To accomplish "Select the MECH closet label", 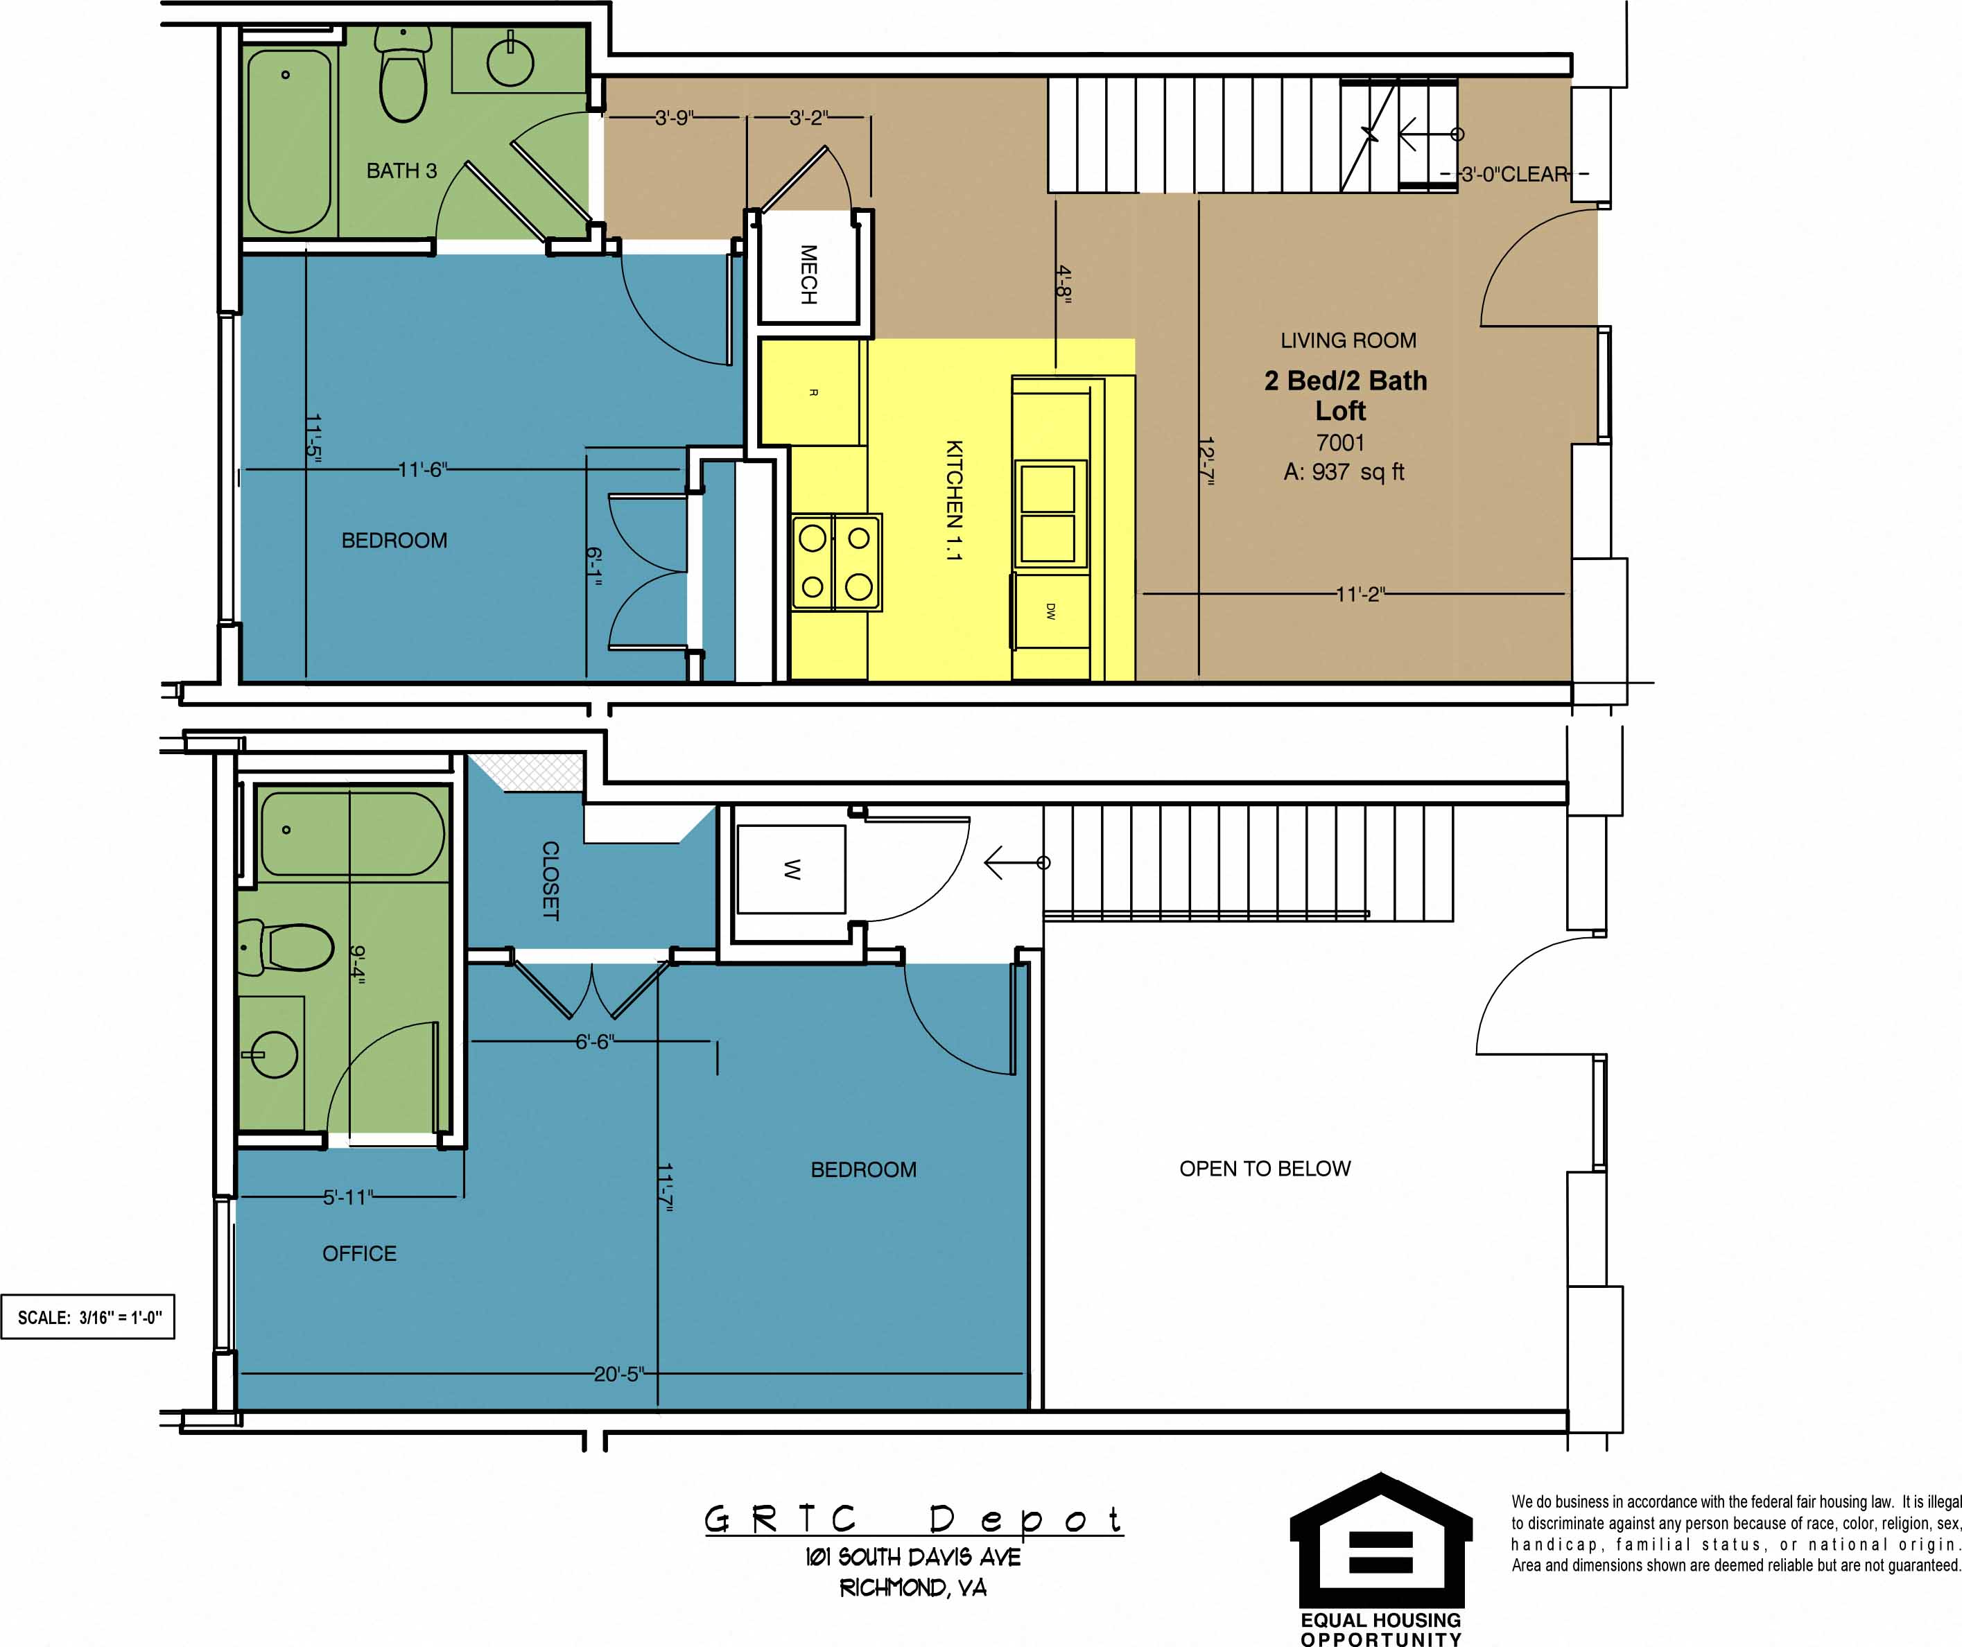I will coord(809,274).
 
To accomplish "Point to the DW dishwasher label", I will coord(1050,612).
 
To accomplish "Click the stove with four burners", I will coord(836,562).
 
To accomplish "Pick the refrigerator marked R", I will coord(812,393).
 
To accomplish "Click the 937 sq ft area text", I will coord(1344,473).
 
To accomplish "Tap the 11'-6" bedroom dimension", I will coord(422,470).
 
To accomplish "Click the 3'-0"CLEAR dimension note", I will coord(1513,175).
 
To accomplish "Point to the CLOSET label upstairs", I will coord(550,880).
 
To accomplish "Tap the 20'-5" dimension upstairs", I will coord(618,1374).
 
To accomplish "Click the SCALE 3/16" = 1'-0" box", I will coord(89,1317).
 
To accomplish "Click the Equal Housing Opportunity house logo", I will coord(1380,1553).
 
